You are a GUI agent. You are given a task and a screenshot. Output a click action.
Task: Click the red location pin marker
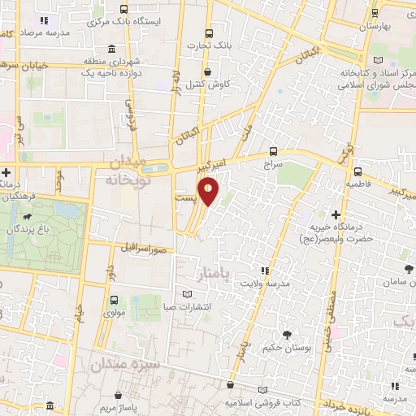pos(210,192)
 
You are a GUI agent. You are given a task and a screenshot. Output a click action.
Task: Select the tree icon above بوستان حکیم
pos(287,334)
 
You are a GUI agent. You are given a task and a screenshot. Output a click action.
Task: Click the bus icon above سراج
pos(272,150)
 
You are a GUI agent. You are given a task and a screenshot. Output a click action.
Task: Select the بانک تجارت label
pos(210,45)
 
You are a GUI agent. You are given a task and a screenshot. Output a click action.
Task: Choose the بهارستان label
pos(385,27)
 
